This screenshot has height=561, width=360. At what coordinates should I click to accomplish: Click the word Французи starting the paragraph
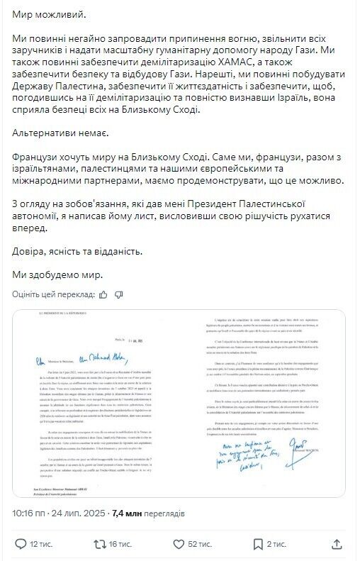coord(38,155)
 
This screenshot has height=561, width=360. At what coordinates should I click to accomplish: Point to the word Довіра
coord(30,251)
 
